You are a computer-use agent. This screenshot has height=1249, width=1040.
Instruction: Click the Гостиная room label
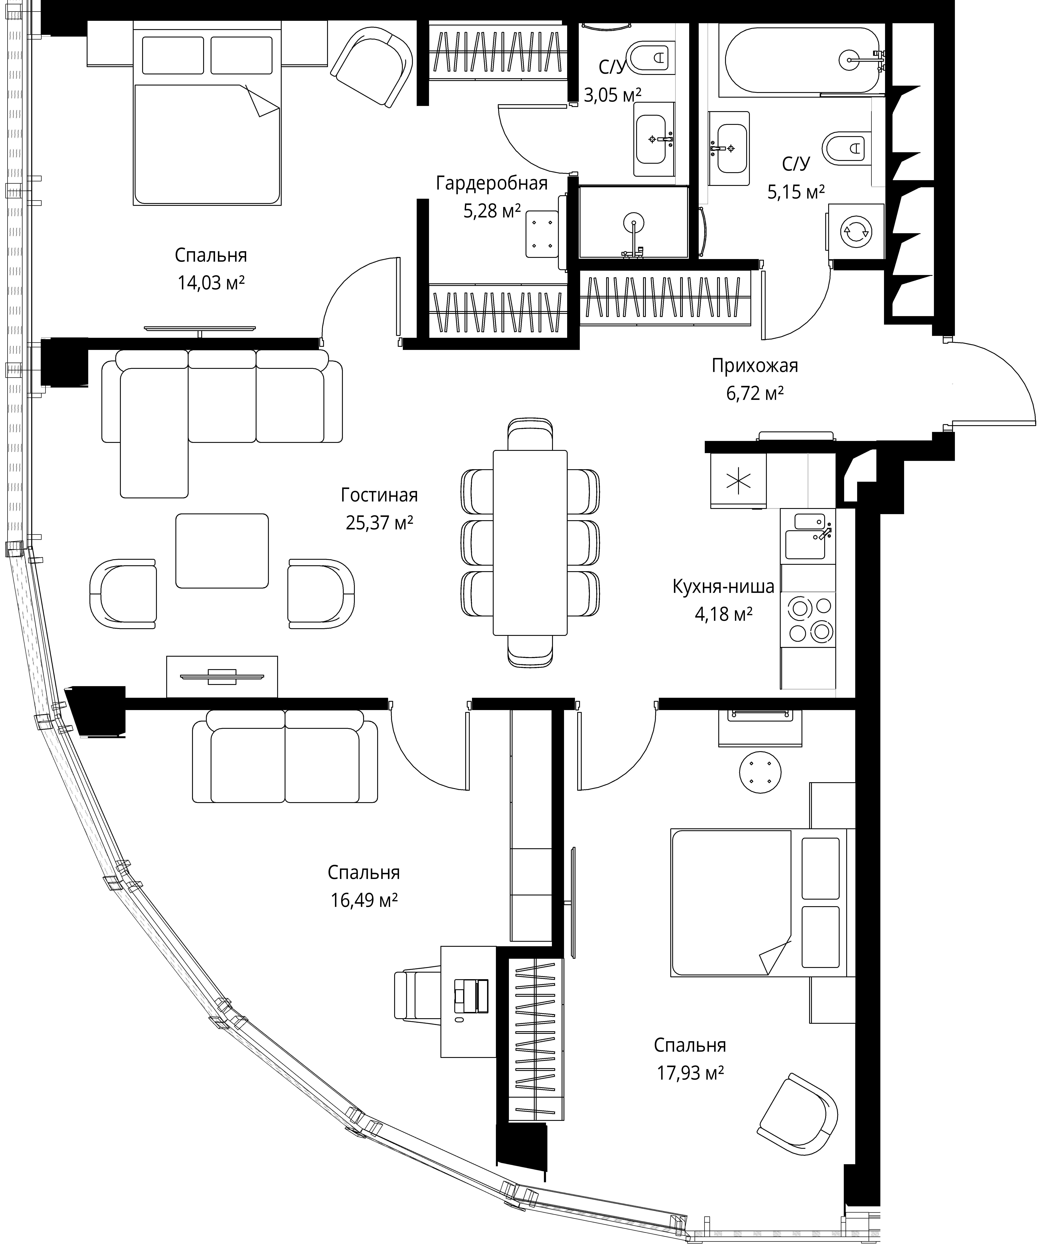(379, 495)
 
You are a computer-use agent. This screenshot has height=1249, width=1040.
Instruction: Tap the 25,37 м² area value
(379, 523)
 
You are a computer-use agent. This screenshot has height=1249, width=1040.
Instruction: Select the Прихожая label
(755, 366)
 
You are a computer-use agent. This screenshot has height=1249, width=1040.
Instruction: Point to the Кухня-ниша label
(724, 586)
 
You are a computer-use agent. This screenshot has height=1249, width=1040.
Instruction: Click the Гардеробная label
(492, 183)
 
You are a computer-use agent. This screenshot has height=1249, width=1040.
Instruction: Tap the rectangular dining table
(530, 542)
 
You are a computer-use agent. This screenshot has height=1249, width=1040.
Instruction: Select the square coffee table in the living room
(222, 551)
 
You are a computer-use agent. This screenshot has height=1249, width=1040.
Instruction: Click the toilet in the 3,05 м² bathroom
(651, 58)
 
